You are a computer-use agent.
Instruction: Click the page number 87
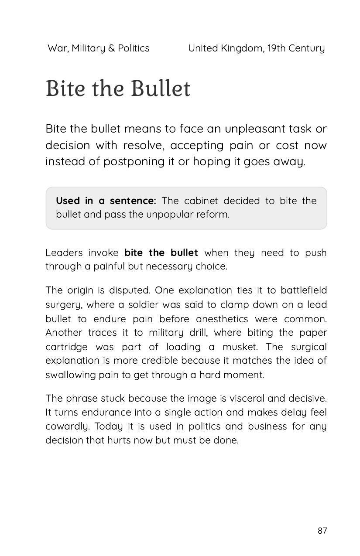[x=322, y=531]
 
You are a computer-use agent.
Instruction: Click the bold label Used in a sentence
[x=106, y=201]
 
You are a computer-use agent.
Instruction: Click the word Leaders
[x=64, y=253]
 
